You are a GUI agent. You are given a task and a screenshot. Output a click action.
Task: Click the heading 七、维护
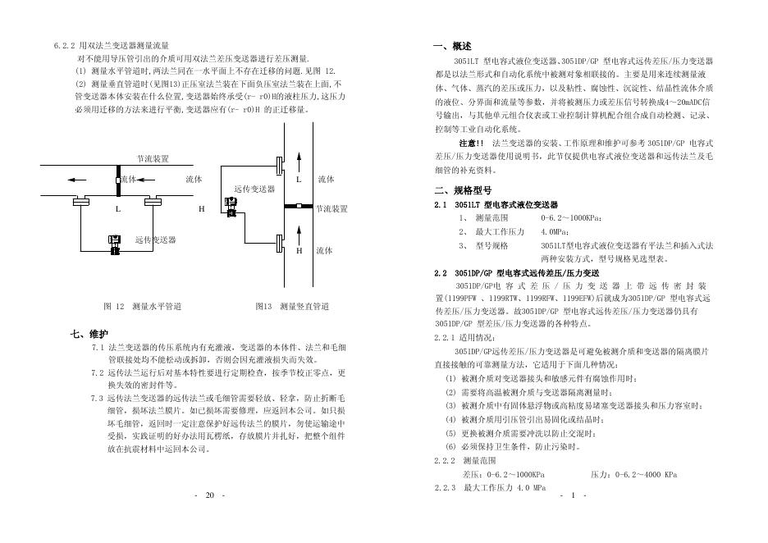[x=89, y=334]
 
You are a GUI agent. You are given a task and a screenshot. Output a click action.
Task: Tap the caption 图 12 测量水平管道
[x=142, y=306]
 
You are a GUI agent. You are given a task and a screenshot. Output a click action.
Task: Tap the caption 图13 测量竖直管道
[x=292, y=306]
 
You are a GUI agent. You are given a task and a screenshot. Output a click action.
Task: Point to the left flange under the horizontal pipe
[x=80, y=199]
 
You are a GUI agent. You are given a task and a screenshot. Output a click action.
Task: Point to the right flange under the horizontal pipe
[x=153, y=199]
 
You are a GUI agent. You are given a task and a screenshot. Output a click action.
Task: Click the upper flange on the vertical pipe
[x=281, y=165]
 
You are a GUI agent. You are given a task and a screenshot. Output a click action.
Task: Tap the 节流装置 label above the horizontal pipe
[x=153, y=157]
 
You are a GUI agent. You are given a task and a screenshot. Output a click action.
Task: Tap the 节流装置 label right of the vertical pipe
[x=331, y=209]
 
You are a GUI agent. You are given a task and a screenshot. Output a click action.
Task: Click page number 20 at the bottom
[x=209, y=495]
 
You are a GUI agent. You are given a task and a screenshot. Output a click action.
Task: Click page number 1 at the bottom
[x=573, y=495]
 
